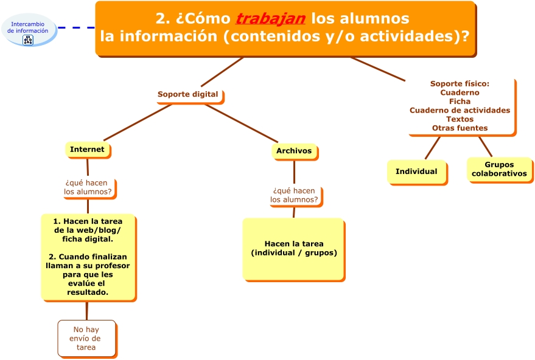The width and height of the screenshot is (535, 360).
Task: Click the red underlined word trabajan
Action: (270, 19)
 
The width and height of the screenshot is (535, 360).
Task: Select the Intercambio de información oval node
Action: (29, 27)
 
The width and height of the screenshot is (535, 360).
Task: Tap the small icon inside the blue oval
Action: (28, 40)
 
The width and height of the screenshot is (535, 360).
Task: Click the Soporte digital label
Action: (187, 94)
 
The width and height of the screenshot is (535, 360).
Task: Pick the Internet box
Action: (87, 150)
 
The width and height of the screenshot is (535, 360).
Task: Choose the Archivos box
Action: (294, 151)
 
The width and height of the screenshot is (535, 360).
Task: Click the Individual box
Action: (416, 171)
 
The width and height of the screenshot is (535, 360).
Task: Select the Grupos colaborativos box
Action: (499, 169)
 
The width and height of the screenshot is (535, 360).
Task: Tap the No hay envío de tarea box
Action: (86, 338)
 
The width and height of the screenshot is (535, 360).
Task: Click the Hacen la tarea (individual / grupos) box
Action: (293, 248)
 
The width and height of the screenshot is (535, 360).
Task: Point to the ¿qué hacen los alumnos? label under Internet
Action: (88, 187)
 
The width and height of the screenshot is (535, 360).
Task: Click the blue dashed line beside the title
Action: (77, 27)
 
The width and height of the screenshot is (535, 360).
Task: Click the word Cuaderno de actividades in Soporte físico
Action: (460, 110)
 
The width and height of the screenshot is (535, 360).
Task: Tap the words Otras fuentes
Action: (460, 128)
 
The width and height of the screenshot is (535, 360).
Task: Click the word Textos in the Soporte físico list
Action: (460, 119)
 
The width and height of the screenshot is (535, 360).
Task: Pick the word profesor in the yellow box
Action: (113, 266)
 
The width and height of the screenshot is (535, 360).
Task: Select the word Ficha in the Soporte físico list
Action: (460, 102)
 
